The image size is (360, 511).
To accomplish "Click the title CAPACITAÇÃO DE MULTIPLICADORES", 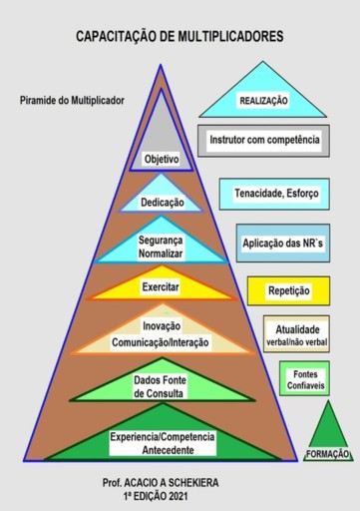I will click(180, 36).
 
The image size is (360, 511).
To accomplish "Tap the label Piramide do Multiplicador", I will click(72, 100).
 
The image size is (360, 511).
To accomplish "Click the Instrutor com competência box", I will click(264, 141).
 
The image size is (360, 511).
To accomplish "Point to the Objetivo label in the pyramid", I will click(161, 159).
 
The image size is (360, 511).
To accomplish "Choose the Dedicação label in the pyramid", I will click(161, 203).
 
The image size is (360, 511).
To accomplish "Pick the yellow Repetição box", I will click(288, 291).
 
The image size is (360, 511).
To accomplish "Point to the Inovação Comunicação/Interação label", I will click(161, 334).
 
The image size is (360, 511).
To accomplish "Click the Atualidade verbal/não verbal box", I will click(296, 334).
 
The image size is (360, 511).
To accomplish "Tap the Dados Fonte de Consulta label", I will click(160, 385).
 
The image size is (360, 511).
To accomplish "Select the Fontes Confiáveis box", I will click(304, 380).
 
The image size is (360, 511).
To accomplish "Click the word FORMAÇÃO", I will click(326, 454).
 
